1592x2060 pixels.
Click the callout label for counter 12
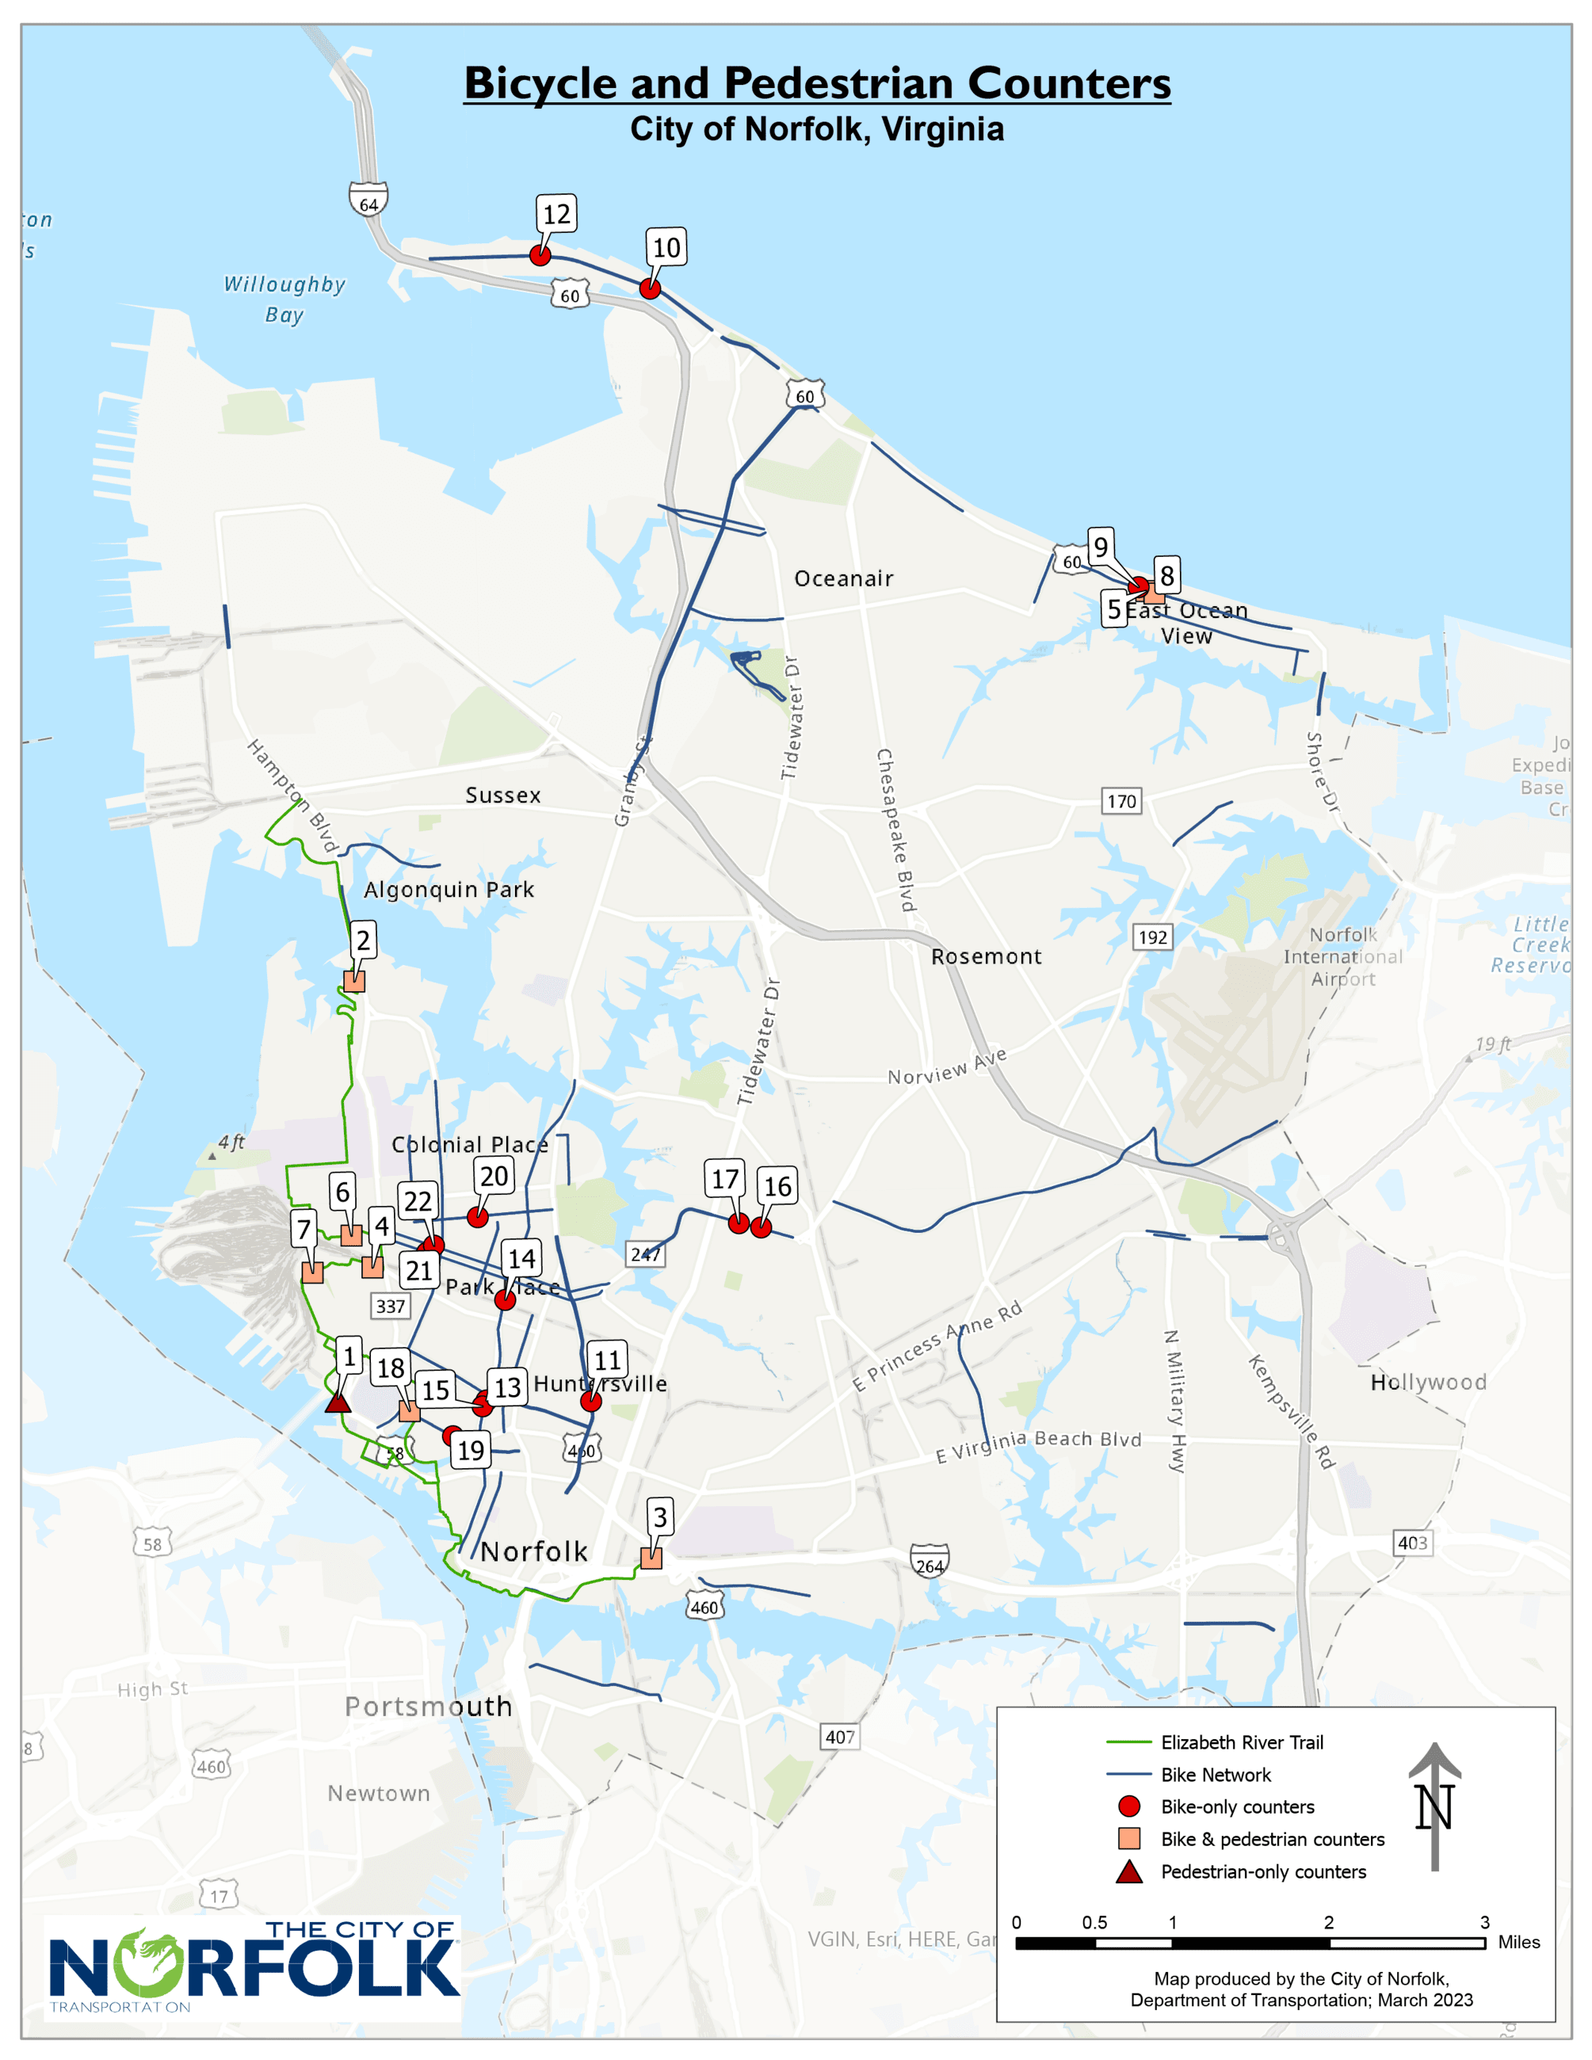(556, 214)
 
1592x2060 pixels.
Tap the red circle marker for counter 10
(650, 288)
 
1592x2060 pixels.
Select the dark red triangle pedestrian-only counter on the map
(338, 1402)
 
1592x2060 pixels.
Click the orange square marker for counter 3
(651, 1558)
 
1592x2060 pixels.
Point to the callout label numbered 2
(363, 940)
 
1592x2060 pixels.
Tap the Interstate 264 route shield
(929, 1561)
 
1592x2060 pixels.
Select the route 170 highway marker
(1121, 801)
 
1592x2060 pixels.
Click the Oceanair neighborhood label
(843, 578)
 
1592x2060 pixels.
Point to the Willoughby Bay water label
(284, 298)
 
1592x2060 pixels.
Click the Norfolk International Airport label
(1342, 956)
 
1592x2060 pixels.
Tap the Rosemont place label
(986, 956)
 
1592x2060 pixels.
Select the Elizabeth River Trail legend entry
(1241, 1742)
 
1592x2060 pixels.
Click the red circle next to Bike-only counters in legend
(1129, 1806)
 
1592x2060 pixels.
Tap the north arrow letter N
(1434, 1807)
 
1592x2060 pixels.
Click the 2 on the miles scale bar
(1328, 1922)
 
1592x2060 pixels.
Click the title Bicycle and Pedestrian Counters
(817, 83)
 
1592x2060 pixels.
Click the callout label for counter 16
(777, 1187)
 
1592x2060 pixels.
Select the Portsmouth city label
(428, 1707)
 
